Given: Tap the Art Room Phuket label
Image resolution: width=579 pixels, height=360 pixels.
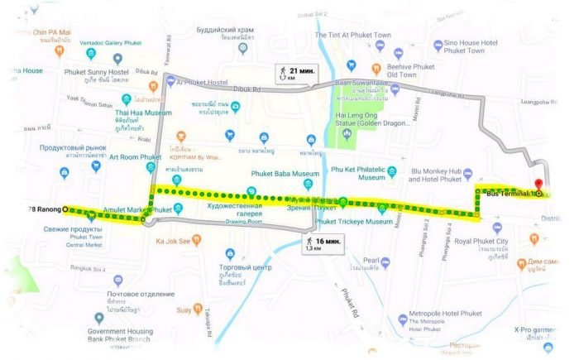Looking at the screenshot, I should [135, 157].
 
